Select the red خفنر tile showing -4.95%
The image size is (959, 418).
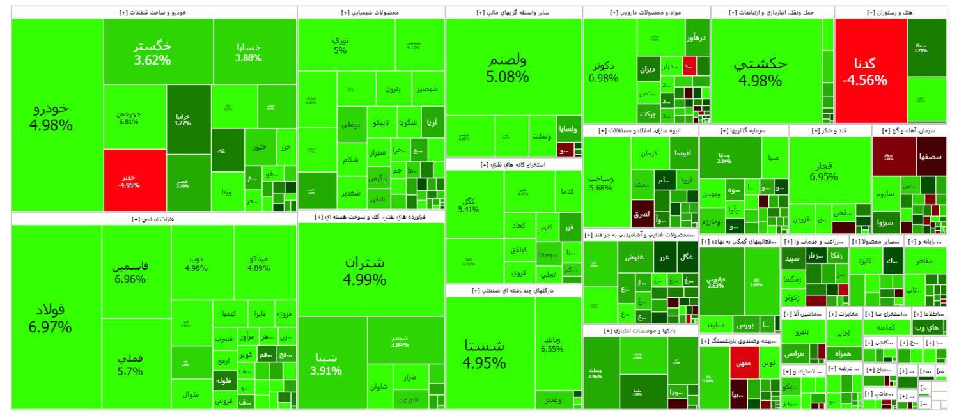click(130, 181)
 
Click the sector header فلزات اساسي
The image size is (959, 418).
click(153, 219)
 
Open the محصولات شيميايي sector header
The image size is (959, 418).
click(371, 12)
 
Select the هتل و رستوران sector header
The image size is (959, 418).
click(891, 12)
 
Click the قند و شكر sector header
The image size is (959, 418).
click(830, 130)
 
